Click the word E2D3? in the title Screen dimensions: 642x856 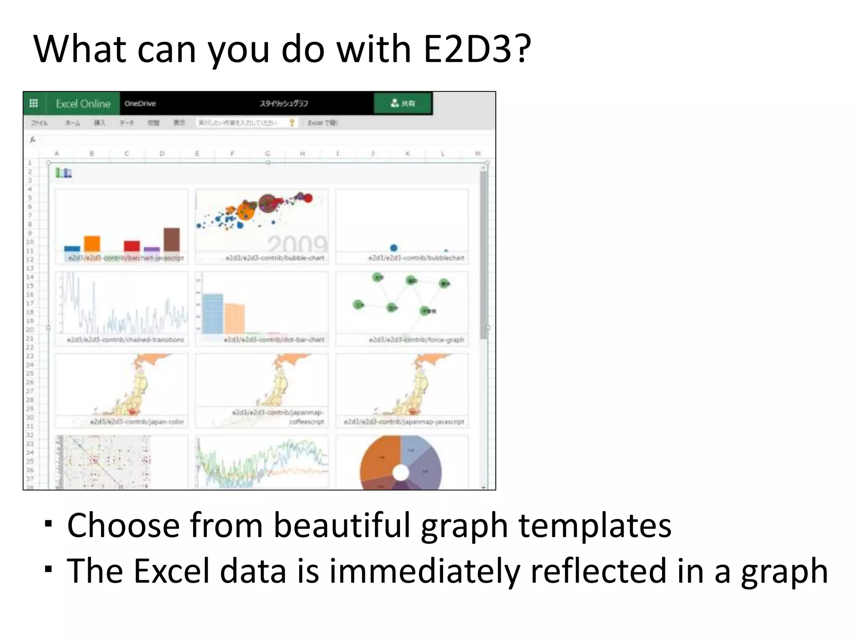(x=476, y=49)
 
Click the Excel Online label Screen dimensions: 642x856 (x=83, y=104)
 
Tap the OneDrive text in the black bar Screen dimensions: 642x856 (x=140, y=104)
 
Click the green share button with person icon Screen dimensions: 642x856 (x=403, y=103)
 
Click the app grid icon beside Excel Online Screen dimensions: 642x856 (x=34, y=103)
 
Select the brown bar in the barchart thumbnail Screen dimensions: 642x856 (x=171, y=239)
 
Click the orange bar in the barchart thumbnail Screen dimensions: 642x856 (x=92, y=244)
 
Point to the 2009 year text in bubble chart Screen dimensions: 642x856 (x=298, y=244)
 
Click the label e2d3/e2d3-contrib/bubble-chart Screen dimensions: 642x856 (x=275, y=258)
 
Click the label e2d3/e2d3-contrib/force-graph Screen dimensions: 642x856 (x=416, y=340)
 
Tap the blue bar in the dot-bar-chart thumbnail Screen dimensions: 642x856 (x=213, y=313)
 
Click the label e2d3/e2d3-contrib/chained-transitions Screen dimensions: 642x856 (x=125, y=340)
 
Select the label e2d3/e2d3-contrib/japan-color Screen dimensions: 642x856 (x=137, y=422)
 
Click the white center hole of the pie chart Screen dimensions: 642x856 (x=401, y=473)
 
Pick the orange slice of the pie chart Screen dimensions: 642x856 (x=378, y=458)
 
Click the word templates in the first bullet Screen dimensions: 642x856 (x=595, y=525)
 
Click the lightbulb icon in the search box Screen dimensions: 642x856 (x=292, y=122)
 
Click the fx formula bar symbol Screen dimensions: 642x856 (x=33, y=140)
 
